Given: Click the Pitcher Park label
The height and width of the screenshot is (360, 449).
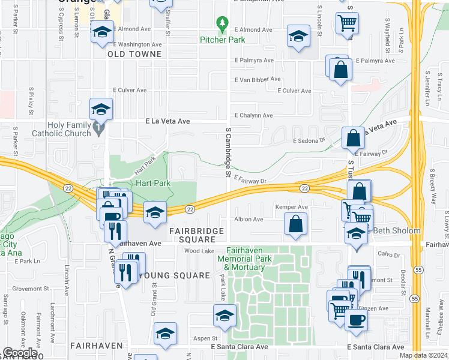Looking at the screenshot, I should (x=223, y=40).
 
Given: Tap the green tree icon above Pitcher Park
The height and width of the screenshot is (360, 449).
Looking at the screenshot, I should (x=223, y=25).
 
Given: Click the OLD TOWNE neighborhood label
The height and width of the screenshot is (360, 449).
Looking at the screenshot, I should (x=135, y=54).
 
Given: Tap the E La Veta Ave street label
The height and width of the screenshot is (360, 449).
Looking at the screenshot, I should (x=168, y=121).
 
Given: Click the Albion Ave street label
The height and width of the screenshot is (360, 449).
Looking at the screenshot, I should (x=249, y=220).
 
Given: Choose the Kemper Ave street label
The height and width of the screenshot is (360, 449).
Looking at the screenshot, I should (x=291, y=208).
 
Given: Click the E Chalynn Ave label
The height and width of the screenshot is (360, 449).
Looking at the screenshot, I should (x=254, y=115).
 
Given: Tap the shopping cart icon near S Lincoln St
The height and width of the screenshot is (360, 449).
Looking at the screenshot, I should (x=348, y=23).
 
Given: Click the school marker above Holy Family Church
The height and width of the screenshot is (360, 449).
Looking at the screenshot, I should (x=101, y=109).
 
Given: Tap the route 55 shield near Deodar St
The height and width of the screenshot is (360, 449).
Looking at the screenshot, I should (x=414, y=298).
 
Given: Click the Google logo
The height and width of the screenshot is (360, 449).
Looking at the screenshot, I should (x=20, y=353).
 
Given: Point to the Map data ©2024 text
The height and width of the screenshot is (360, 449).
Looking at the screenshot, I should (x=423, y=355).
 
